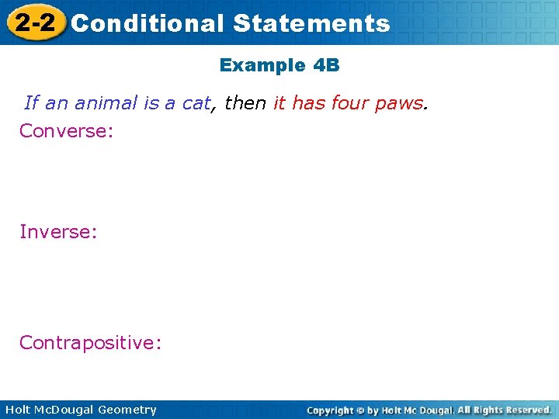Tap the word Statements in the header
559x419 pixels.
pyautogui.click(x=311, y=23)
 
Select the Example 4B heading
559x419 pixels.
pyautogui.click(x=279, y=65)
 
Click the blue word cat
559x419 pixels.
pyautogui.click(x=196, y=103)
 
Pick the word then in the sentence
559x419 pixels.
pyautogui.click(x=245, y=103)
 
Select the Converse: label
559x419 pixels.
pyautogui.click(x=67, y=130)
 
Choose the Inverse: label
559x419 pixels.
pyautogui.click(x=58, y=231)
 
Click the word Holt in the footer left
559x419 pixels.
pyautogui.click(x=18, y=410)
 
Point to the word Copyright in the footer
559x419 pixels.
pyautogui.click(x=329, y=410)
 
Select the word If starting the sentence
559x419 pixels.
pyautogui.click(x=31, y=103)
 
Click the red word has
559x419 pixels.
pyautogui.click(x=308, y=103)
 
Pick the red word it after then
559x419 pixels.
pyautogui.click(x=279, y=103)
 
